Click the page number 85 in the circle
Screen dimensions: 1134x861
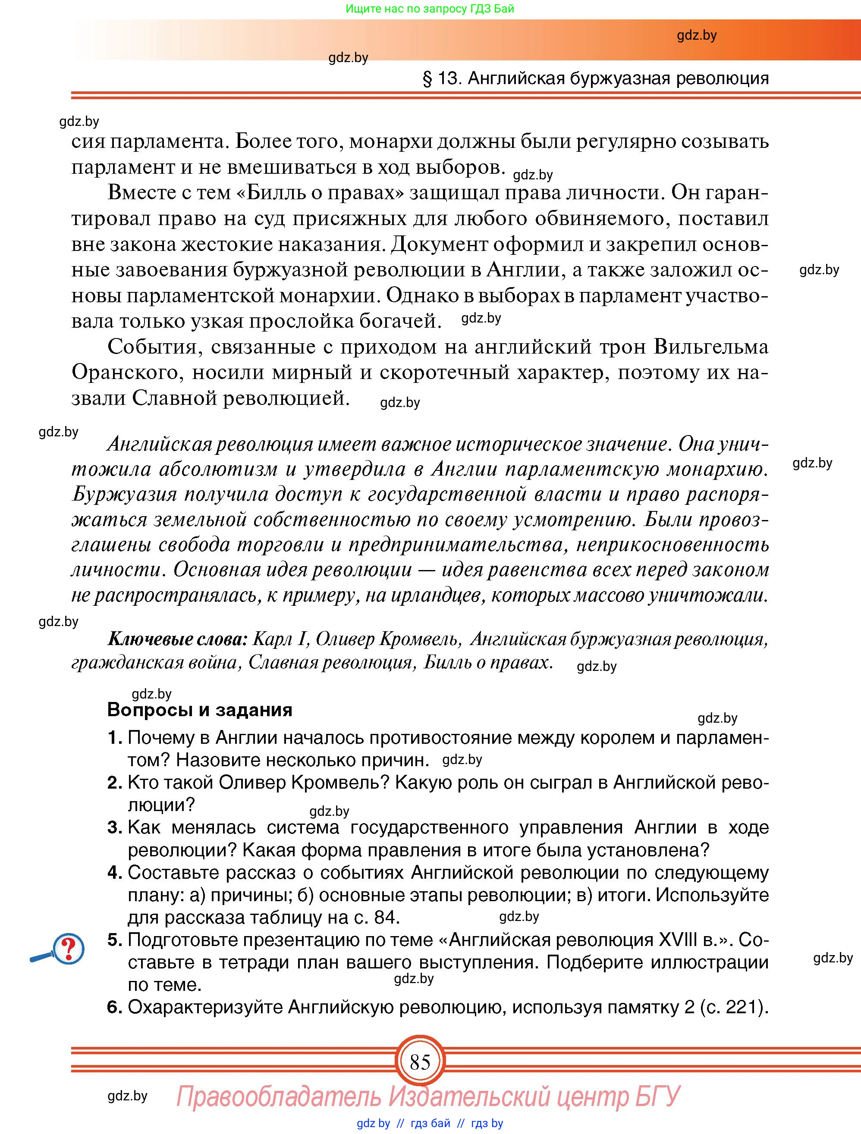coord(419,1062)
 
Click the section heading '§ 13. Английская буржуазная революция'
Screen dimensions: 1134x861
coord(595,78)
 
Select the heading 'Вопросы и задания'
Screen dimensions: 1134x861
coord(199,710)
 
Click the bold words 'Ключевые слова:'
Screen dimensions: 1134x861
coord(177,639)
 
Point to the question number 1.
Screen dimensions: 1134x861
coord(114,738)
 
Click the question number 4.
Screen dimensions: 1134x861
coord(114,873)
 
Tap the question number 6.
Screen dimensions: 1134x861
coord(114,1007)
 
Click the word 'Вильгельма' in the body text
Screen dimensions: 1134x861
coord(711,347)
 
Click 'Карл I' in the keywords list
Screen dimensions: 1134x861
coord(280,639)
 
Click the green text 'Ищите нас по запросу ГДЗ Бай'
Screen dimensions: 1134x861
coord(430,9)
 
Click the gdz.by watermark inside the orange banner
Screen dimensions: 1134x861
coord(696,35)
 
